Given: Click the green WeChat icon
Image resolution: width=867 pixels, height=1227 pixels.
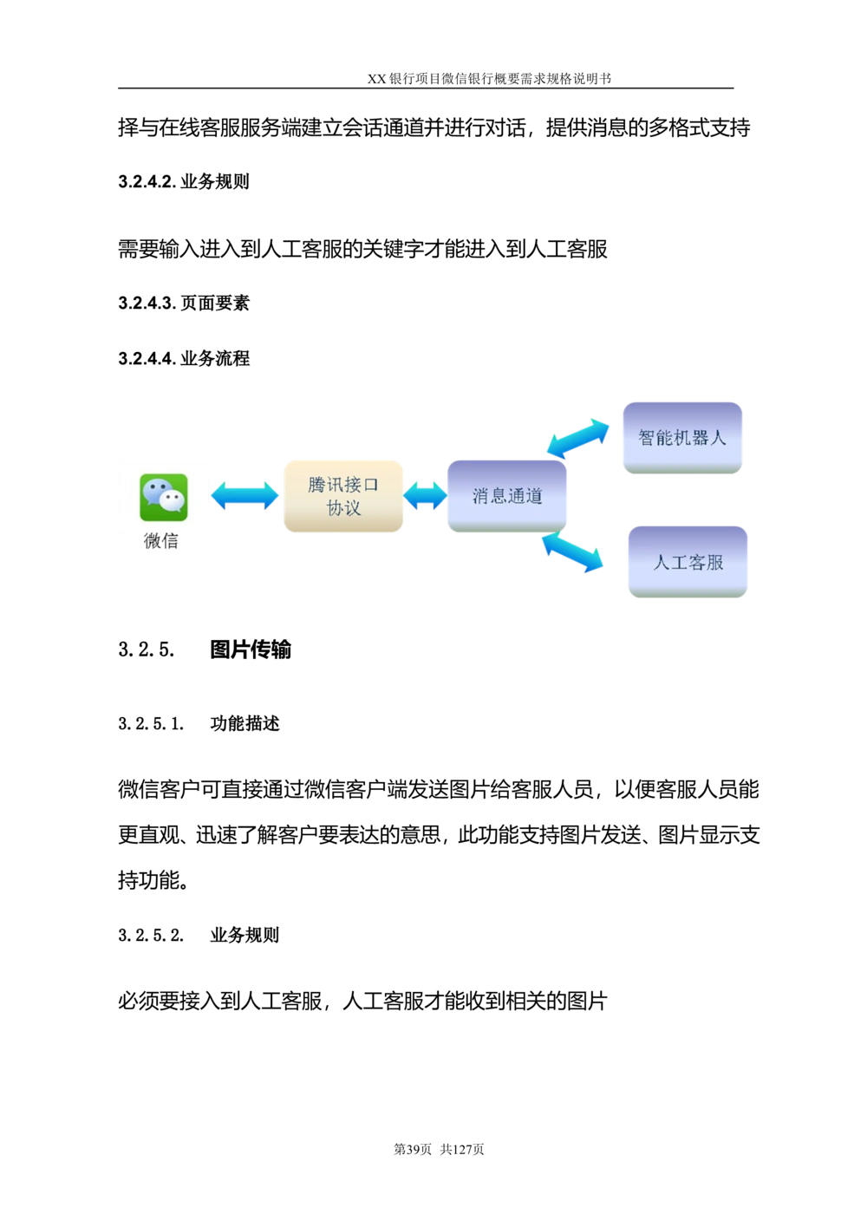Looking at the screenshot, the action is tap(164, 497).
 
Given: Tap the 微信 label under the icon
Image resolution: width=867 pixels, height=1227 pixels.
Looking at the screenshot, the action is tap(161, 540).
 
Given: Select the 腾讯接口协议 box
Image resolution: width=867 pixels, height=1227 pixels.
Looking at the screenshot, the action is tap(343, 496).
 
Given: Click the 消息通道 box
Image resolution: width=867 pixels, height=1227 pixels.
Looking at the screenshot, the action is tap(506, 496).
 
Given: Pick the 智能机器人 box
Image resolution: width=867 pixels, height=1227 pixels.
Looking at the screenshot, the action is tap(682, 438).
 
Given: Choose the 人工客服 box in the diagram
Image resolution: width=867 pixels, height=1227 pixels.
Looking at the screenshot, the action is tap(688, 562).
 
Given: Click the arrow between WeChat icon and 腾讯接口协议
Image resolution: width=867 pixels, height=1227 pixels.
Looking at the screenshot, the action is tap(244, 496).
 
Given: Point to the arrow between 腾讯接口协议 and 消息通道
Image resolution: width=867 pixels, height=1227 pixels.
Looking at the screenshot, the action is tap(425, 496).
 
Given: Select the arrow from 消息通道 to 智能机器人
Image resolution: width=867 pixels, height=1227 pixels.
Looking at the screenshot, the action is tap(578, 438).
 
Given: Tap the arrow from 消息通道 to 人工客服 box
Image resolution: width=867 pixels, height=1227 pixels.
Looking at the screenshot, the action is tap(572, 553).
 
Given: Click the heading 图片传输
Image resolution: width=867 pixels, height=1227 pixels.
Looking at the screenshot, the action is tap(251, 649).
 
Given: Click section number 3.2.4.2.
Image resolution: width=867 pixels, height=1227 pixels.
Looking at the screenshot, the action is tap(147, 182).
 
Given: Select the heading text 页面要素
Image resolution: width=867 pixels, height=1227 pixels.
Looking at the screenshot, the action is tap(215, 303).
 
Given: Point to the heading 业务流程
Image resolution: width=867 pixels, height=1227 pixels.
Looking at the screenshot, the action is tap(215, 358).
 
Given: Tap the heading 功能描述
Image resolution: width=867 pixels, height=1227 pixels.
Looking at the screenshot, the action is tap(244, 723).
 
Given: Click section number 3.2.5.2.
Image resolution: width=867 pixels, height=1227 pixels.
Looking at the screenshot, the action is tap(151, 935).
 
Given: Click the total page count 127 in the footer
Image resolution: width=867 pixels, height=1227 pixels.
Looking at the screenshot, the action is tap(462, 1149).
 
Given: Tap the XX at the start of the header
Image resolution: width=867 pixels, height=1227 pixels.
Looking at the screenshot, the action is tap(376, 79).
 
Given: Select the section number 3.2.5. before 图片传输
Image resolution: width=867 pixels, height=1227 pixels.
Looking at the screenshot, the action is tap(147, 650).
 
